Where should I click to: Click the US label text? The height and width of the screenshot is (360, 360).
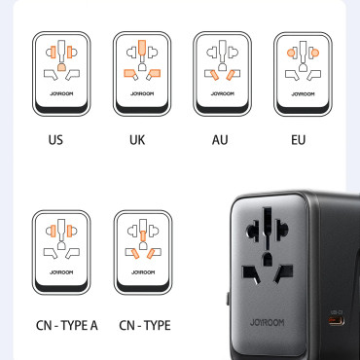pyautogui.click(x=56, y=139)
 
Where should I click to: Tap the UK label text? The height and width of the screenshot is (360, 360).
pyautogui.click(x=138, y=139)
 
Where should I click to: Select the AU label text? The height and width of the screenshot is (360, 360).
pyautogui.click(x=220, y=139)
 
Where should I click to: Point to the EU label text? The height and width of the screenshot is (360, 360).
pyautogui.click(x=298, y=139)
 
